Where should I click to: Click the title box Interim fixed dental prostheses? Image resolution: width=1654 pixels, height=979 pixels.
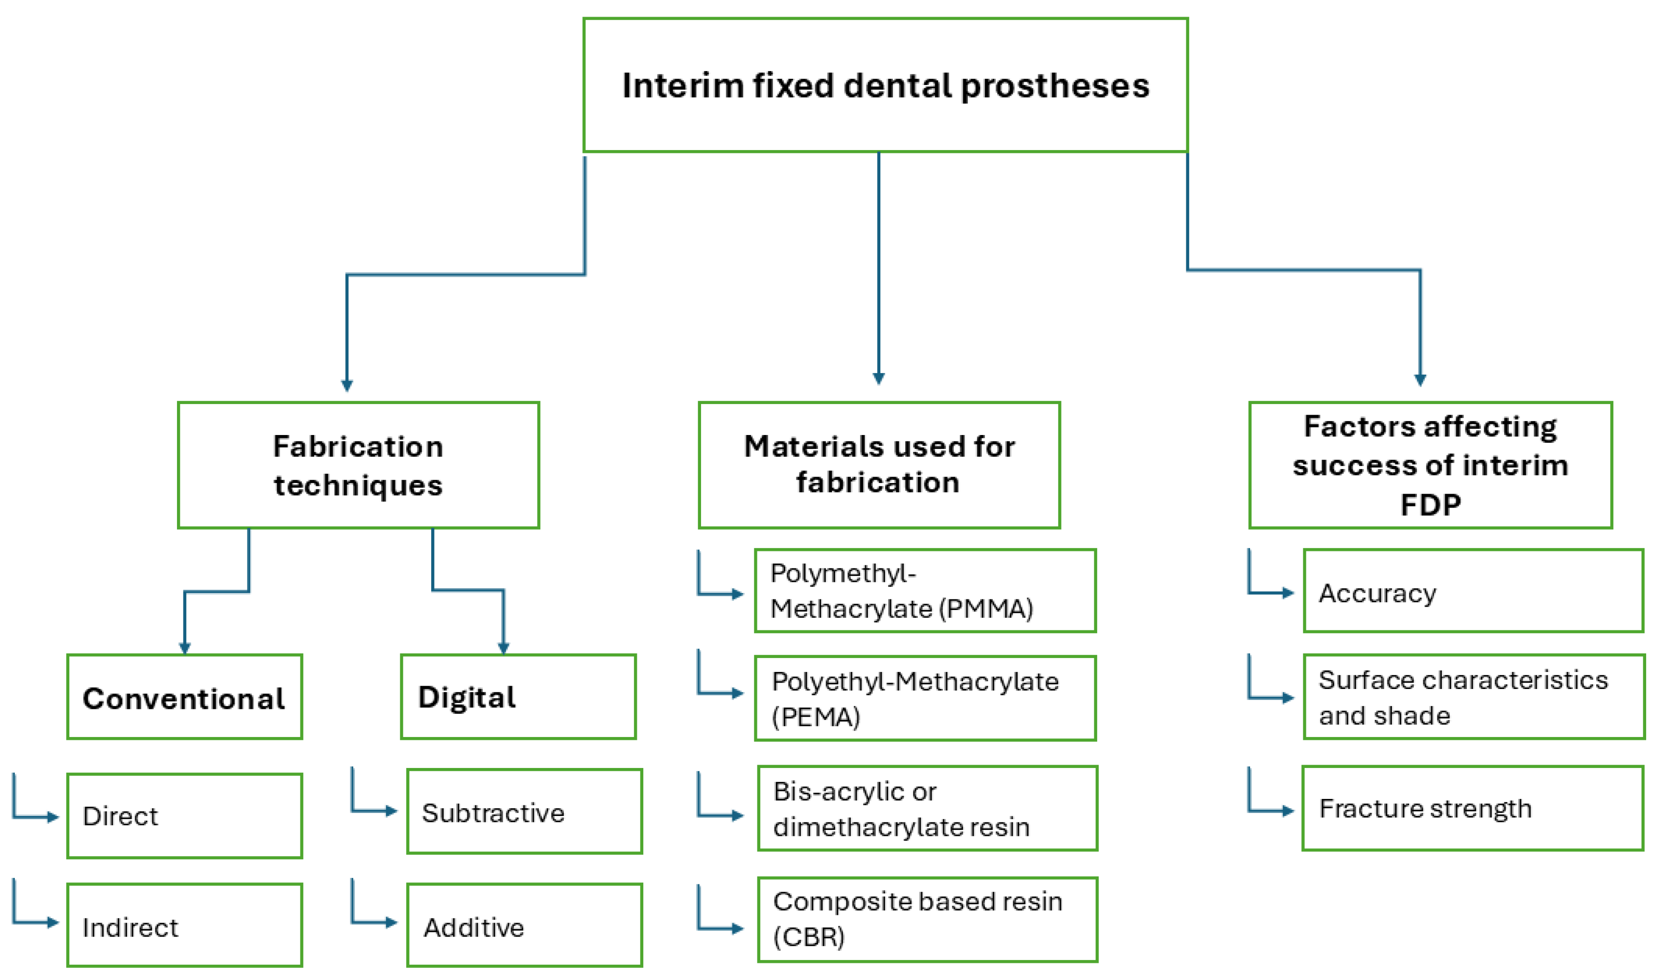885,85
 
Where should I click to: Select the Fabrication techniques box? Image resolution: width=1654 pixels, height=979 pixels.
358,465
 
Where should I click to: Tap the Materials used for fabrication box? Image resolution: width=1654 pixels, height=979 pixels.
879,465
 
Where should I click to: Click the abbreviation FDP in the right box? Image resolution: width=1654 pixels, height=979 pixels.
1430,505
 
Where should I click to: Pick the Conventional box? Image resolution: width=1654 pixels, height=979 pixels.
184,698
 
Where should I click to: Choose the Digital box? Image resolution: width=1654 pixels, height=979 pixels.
518,697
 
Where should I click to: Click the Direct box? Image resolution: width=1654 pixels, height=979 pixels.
184,816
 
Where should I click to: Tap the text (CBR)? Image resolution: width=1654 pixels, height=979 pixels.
809,937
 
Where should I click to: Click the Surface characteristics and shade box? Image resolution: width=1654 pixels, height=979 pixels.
1473,697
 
